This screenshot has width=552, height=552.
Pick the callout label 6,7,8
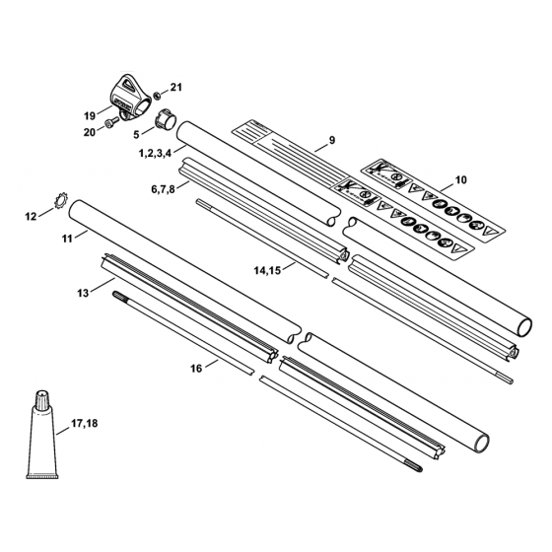click(163, 187)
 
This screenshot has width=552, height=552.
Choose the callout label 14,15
click(268, 267)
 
